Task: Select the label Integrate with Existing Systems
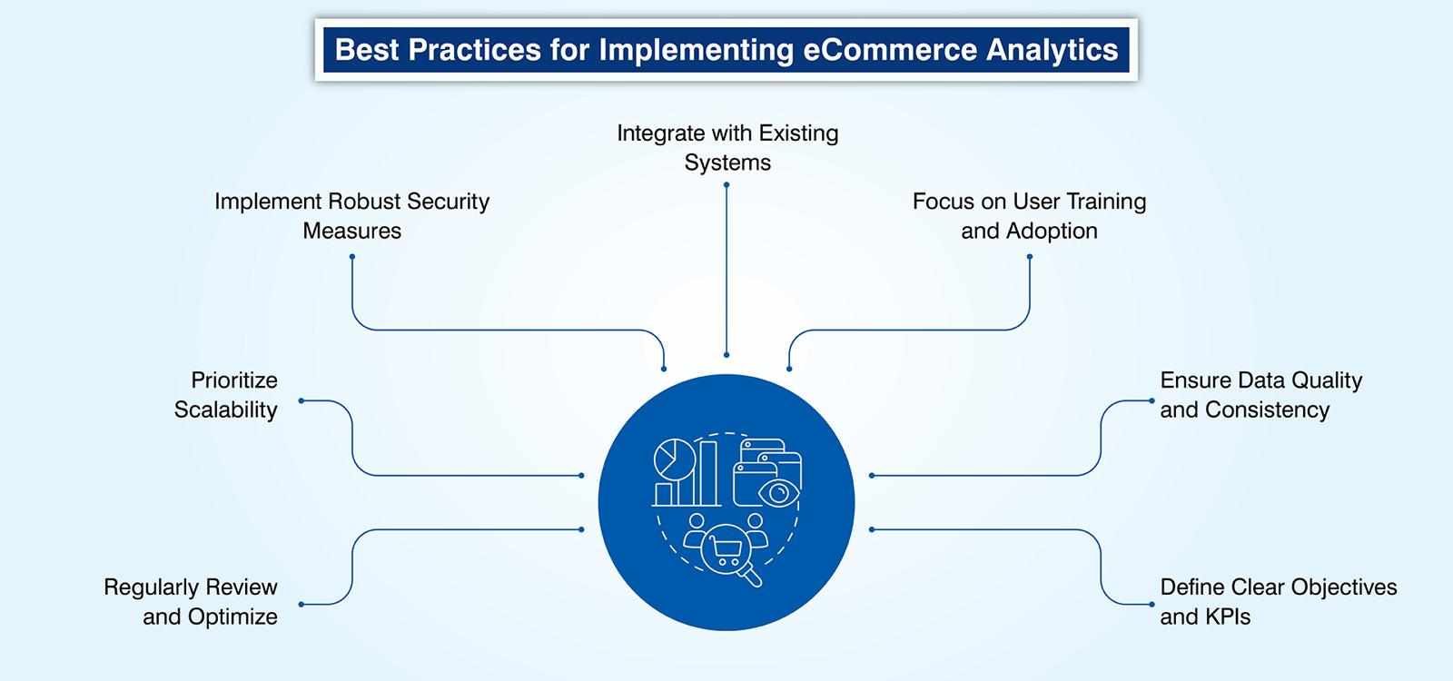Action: point(727,148)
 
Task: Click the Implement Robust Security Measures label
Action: point(351,216)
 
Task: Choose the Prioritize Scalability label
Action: point(226,395)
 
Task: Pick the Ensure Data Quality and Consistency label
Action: point(1260,395)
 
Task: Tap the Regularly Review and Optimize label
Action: point(191,602)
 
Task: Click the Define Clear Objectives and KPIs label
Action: point(1278,602)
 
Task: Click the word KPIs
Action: point(1231,617)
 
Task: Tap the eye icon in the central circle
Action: point(778,492)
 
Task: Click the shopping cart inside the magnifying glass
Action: point(724,548)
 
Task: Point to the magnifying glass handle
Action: point(752,577)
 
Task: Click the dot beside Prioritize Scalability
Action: point(301,400)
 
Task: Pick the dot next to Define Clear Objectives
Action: point(1152,604)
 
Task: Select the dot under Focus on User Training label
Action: point(1030,257)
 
